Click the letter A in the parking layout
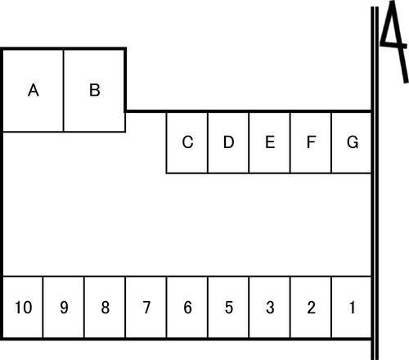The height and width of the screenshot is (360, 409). coord(34,90)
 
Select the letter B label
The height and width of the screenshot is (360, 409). coord(95,90)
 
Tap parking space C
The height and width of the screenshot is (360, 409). coord(187,143)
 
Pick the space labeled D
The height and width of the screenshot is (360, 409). coord(228,143)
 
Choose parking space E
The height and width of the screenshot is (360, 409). coord(270,143)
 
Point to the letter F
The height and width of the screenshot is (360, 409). coord(311,142)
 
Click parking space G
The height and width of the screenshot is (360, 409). coord(352,143)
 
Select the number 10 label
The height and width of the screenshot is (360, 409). coord(24,308)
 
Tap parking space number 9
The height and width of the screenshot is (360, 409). coord(64,308)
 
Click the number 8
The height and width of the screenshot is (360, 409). coord(106,308)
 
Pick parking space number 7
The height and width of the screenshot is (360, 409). coord(146,308)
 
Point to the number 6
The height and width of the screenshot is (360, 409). coord(187,308)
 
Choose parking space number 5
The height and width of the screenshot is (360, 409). coord(228,308)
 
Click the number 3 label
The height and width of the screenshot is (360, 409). coord(270,308)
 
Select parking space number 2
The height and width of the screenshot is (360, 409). coord(311,308)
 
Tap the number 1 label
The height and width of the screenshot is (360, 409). coord(353,308)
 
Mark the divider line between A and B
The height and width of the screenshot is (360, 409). coord(63,91)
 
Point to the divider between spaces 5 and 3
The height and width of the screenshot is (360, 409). coord(249,308)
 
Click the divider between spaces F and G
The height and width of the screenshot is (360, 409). coord(331,143)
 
